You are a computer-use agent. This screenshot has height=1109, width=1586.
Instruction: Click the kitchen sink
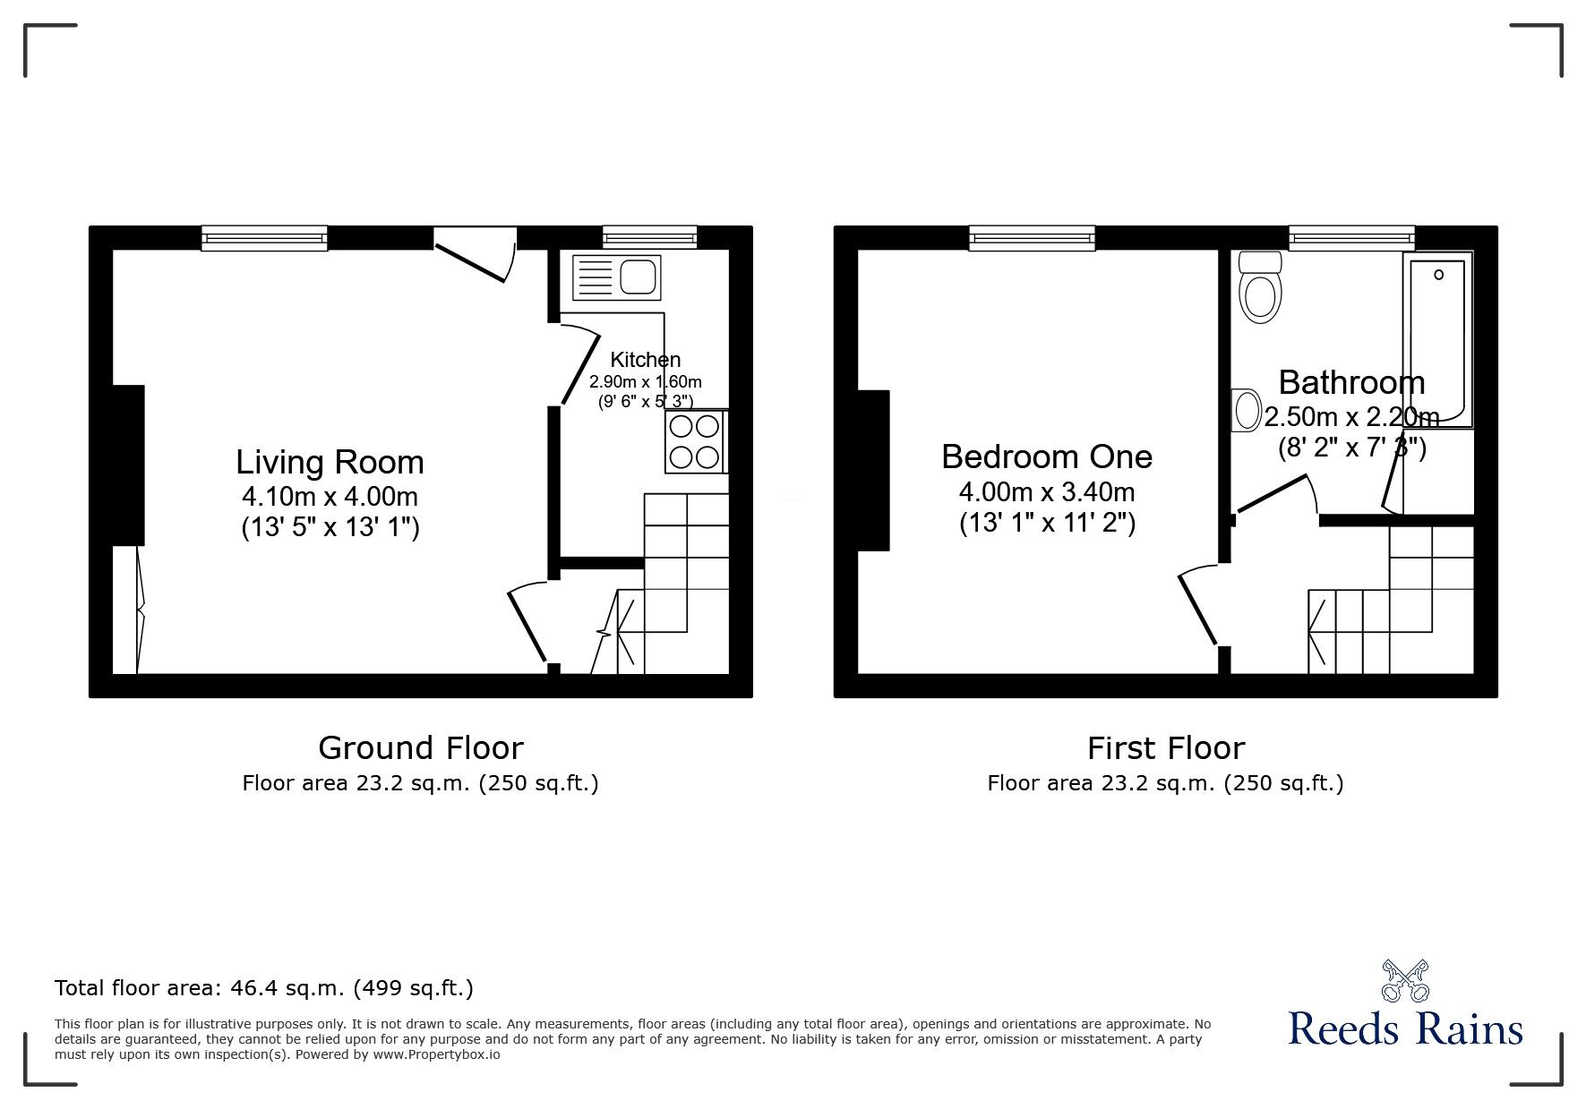point(616,277)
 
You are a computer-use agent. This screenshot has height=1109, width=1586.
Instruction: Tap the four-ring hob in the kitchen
point(695,441)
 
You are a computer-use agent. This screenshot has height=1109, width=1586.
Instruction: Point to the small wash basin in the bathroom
point(1243,410)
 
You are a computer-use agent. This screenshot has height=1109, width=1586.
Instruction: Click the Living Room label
point(330,462)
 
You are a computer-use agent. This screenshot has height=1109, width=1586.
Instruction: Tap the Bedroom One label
point(1046,456)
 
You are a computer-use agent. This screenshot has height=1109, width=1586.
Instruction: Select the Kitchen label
point(645,360)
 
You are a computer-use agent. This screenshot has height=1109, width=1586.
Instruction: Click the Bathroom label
point(1350,382)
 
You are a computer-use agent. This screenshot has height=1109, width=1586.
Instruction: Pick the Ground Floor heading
point(420,747)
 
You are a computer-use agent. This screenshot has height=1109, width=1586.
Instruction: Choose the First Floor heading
point(1165,747)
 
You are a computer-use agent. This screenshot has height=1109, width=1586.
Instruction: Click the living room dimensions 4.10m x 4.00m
point(330,496)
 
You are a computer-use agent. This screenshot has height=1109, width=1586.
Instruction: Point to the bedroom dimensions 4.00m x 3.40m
point(1046,491)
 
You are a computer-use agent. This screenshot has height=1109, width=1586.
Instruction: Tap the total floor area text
point(264,988)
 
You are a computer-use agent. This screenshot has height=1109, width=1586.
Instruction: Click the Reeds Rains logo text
point(1405,1029)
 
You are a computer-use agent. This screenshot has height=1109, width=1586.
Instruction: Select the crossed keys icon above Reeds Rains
point(1405,979)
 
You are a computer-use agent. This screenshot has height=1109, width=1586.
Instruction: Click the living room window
point(264,237)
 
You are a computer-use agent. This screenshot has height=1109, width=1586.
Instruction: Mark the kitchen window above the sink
point(649,237)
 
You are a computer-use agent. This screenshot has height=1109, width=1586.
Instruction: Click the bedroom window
point(1032,237)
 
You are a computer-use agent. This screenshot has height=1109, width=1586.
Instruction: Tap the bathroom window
point(1351,237)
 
